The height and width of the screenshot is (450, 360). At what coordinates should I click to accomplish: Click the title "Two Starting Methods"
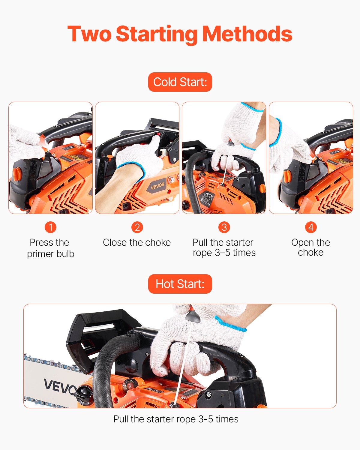click(180, 34)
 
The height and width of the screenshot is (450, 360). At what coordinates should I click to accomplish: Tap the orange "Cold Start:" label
click(180, 82)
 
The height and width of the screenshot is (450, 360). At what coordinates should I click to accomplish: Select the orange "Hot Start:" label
click(180, 284)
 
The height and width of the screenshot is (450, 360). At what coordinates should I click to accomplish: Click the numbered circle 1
click(50, 227)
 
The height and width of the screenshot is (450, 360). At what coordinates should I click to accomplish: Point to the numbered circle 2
click(137, 227)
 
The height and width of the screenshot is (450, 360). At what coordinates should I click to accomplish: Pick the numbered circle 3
click(224, 227)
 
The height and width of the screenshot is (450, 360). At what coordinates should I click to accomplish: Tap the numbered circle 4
click(311, 227)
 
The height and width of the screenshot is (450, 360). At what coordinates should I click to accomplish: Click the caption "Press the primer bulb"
click(50, 248)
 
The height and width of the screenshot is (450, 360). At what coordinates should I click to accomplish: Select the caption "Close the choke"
click(137, 242)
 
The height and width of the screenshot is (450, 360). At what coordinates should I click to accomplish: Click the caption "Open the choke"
click(310, 247)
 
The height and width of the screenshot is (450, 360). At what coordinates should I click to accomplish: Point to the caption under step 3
click(224, 247)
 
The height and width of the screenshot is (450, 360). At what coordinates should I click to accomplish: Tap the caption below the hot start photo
click(176, 419)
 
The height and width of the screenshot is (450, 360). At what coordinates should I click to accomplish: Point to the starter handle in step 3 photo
click(231, 143)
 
